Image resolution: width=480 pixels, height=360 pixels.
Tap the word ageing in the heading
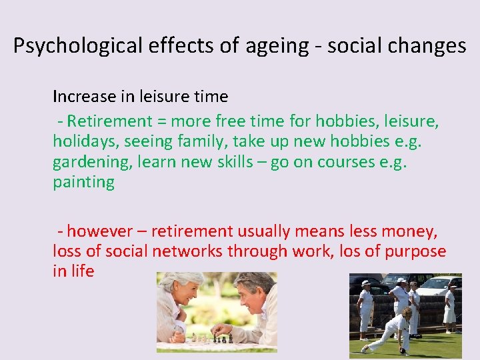point(277,46)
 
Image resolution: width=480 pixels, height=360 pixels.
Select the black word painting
point(83,183)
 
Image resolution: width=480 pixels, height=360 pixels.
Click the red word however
point(100,231)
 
